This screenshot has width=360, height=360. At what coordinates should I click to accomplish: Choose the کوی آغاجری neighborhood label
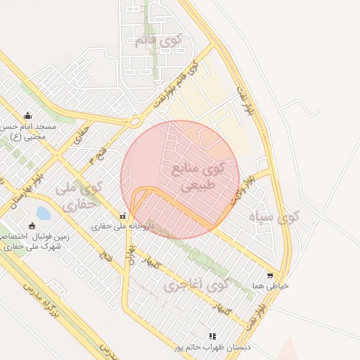click(198, 285)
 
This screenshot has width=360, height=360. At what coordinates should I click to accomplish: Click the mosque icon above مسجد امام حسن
click(27, 116)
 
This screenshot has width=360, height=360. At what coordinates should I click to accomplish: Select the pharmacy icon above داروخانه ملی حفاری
click(123, 216)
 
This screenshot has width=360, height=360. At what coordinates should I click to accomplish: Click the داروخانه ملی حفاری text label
click(123, 227)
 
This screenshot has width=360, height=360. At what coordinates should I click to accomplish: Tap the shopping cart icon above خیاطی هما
click(270, 276)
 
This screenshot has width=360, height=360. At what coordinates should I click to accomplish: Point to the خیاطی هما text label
click(271, 286)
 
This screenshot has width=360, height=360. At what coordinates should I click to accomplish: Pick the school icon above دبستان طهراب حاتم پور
click(213, 336)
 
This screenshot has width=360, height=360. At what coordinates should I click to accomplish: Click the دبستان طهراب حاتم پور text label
click(213, 347)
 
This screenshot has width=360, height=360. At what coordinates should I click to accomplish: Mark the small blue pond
click(43, 212)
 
